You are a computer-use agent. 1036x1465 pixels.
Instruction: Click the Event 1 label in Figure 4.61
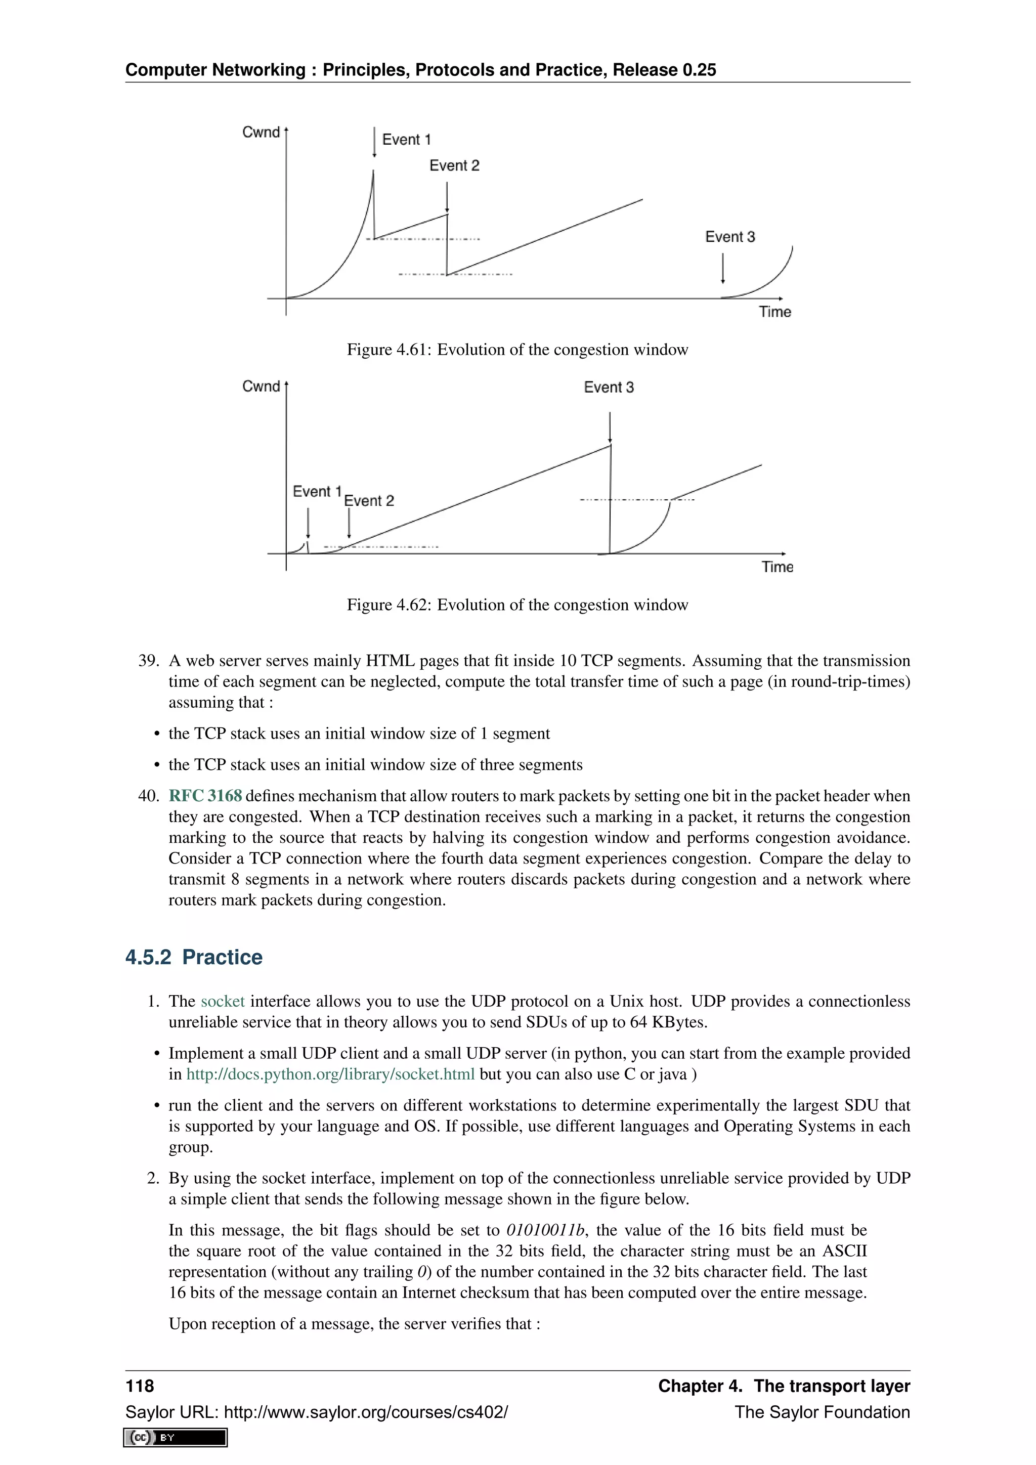click(x=406, y=140)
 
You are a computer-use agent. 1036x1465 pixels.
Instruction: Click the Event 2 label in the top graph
click(x=454, y=166)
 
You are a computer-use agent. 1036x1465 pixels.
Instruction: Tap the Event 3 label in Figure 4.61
click(x=730, y=237)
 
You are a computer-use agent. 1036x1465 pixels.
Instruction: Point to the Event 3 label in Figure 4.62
click(x=609, y=387)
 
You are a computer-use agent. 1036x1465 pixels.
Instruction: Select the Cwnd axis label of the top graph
click(x=261, y=132)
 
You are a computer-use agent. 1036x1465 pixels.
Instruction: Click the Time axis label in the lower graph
click(x=777, y=567)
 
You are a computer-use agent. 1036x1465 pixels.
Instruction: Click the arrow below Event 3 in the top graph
click(x=723, y=269)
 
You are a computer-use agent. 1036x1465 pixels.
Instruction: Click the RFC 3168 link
click(x=205, y=796)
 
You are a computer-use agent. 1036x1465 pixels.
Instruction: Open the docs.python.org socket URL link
click(x=330, y=1074)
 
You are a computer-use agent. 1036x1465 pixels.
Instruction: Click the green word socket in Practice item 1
click(x=223, y=1001)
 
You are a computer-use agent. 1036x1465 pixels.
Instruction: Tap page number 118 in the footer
click(x=140, y=1386)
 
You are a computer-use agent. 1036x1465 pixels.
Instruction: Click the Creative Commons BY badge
click(x=176, y=1437)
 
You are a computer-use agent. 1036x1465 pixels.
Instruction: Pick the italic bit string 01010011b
click(x=545, y=1230)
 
